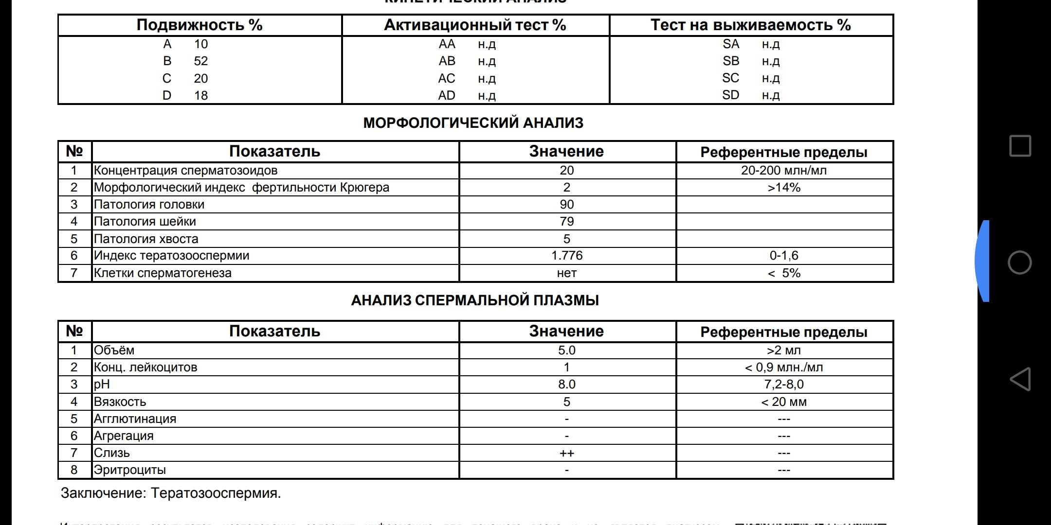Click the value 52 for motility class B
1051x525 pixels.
[200, 61]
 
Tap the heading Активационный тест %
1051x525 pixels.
[475, 25]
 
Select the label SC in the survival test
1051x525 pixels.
[730, 78]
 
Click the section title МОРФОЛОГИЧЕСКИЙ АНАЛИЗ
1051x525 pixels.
[473, 123]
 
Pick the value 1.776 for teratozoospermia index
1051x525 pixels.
[566, 256]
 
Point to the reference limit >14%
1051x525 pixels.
[783, 188]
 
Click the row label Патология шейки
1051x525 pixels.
[145, 222]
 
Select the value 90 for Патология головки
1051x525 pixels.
[566, 205]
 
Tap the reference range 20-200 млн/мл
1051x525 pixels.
[783, 171]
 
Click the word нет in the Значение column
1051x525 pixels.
[566, 273]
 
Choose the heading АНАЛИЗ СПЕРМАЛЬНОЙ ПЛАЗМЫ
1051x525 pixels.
[475, 300]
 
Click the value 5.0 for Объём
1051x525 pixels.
[566, 350]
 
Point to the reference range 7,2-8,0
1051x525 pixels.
[783, 385]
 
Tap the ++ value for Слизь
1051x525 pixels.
[566, 454]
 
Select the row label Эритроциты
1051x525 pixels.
[129, 470]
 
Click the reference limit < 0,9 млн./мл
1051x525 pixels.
[783, 367]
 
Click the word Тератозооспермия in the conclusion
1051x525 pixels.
[216, 493]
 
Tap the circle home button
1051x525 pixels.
[1020, 263]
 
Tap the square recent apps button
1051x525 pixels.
[1020, 146]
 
